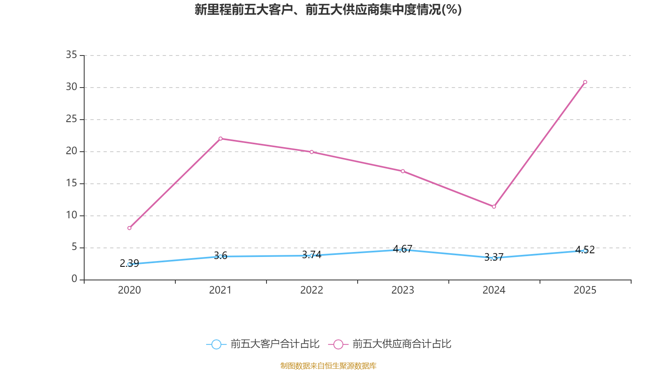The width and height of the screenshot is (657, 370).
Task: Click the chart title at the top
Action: (x=328, y=10)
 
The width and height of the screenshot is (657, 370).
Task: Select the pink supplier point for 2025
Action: (x=585, y=82)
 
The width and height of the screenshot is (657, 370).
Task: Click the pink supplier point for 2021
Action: (x=221, y=139)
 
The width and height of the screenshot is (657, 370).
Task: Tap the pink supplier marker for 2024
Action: (x=494, y=207)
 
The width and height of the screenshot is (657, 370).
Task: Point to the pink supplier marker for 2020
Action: (x=129, y=228)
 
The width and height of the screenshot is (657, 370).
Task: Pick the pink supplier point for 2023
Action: (x=403, y=171)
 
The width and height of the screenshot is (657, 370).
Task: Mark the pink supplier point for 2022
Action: (x=312, y=152)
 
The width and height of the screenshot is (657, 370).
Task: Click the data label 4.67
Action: (x=402, y=249)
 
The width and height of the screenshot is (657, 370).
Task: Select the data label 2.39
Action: (x=129, y=264)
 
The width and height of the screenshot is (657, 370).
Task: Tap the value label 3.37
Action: (x=494, y=257)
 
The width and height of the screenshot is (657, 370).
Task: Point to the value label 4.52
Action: (x=585, y=250)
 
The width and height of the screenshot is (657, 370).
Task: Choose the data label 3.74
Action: (x=312, y=255)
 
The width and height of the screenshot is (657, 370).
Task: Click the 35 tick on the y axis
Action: (x=71, y=55)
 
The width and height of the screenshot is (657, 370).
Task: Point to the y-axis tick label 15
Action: (x=71, y=183)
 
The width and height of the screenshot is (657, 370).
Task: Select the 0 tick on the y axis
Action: (x=74, y=279)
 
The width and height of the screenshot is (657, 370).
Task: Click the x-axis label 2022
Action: (x=312, y=290)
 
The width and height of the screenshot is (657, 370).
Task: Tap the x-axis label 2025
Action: (x=585, y=290)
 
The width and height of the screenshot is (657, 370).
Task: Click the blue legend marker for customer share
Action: (x=216, y=344)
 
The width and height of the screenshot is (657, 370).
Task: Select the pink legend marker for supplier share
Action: (x=338, y=344)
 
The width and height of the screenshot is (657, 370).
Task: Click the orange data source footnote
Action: (x=328, y=365)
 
